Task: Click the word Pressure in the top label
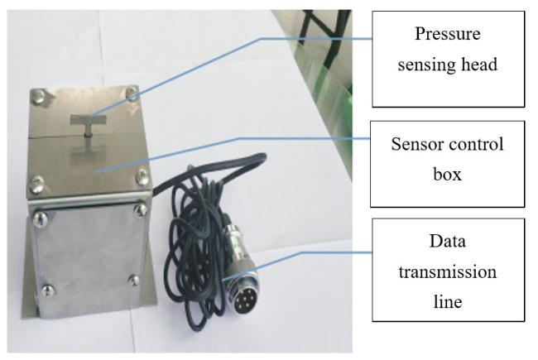448,34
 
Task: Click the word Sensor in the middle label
416,144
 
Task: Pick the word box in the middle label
448,174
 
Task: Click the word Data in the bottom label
448,242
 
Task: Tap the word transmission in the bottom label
448,271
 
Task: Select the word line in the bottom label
448,302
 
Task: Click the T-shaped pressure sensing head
88,124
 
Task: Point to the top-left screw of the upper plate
38,96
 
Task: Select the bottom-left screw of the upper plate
36,184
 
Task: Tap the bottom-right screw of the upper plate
142,175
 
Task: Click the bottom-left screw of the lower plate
47,290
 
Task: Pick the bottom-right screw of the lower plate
134,281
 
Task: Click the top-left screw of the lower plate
41,218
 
